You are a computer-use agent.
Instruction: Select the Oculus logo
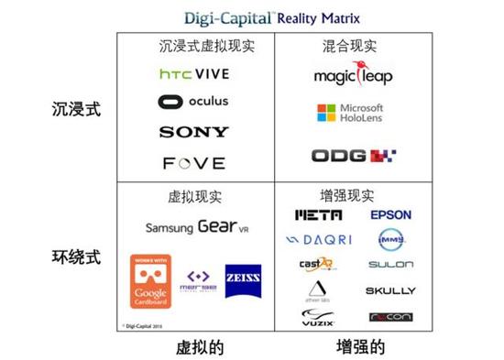pos(194,102)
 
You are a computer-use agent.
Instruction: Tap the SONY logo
pos(194,132)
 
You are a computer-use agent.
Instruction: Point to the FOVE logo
pos(194,163)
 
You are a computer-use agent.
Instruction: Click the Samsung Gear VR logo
pos(196,227)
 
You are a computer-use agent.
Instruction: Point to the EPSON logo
pos(390,215)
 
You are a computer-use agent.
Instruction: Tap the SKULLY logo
pos(390,290)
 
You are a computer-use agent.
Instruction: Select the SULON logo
pos(390,265)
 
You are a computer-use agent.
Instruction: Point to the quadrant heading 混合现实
pos(351,46)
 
